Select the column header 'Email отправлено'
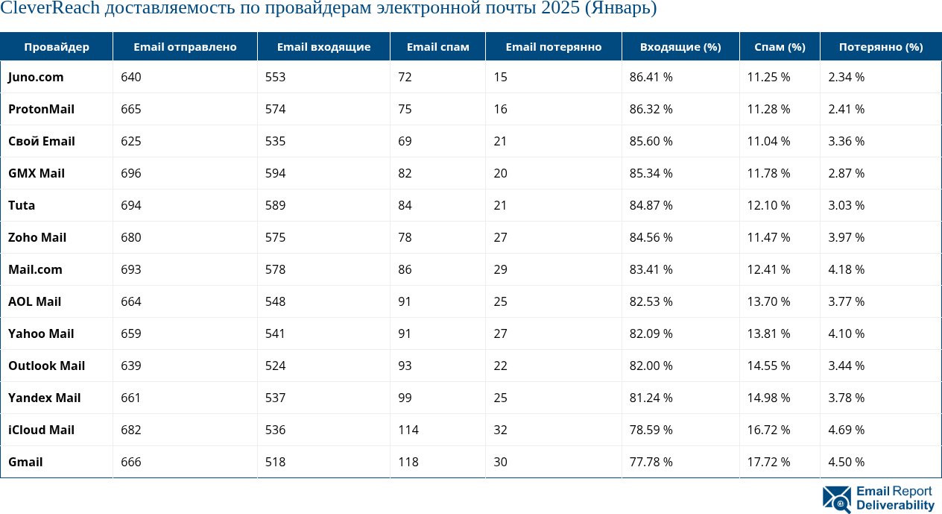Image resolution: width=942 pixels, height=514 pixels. (185, 47)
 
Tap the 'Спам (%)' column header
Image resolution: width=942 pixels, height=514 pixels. (780, 47)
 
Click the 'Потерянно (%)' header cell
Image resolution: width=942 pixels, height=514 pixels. (880, 47)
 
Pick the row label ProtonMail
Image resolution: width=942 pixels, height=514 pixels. (41, 110)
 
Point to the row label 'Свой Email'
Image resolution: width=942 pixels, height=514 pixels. (42, 142)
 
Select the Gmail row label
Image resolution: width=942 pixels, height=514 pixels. (25, 463)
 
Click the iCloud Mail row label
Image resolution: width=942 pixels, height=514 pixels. (42, 430)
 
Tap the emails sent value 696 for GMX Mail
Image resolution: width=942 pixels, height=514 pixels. (130, 174)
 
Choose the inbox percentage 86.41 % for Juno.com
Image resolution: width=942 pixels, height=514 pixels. (651, 78)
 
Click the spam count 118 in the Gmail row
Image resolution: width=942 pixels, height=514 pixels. (408, 463)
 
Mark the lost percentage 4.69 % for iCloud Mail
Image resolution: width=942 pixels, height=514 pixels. (846, 430)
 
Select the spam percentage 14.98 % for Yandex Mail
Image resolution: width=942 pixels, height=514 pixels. (768, 398)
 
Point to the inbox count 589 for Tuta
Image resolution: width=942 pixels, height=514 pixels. (275, 206)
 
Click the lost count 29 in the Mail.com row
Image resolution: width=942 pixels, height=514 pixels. (500, 270)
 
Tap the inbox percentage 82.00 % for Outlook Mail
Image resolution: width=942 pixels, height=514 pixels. (651, 366)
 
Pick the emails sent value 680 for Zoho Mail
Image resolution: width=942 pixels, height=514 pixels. (130, 238)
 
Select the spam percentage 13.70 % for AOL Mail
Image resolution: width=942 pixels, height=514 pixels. (768, 302)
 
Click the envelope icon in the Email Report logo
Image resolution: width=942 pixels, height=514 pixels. (836, 499)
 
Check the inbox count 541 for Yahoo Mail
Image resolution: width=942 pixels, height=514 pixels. (275, 334)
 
